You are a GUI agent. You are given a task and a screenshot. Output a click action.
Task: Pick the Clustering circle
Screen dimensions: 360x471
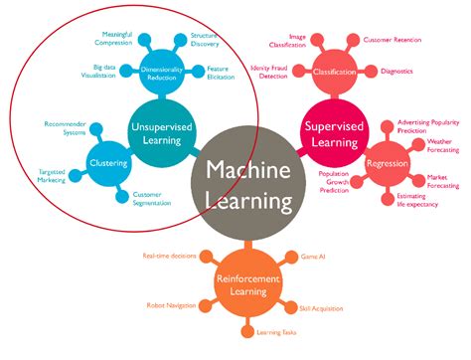coord(106,163)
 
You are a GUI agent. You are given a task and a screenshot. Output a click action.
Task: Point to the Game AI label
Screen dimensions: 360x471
coord(312,256)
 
